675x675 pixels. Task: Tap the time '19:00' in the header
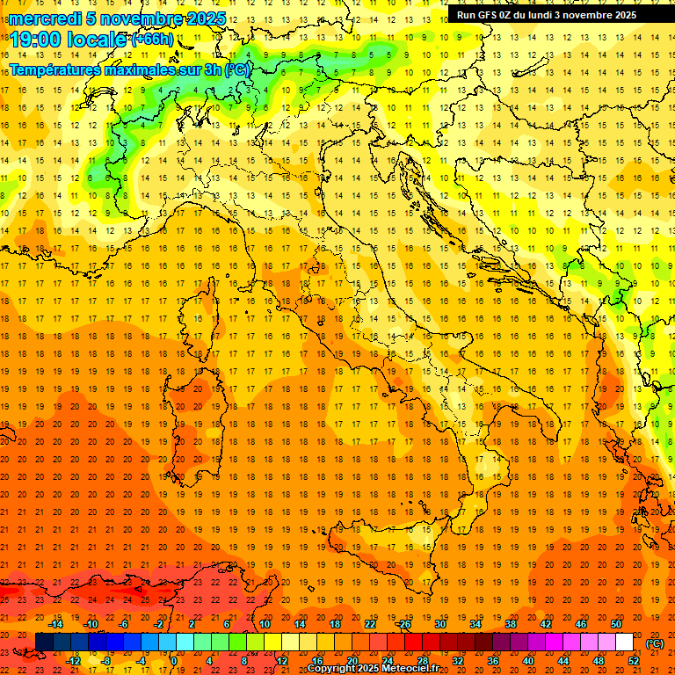pos(34,40)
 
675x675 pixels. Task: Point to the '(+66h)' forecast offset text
pos(152,40)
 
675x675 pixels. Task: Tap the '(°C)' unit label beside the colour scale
pos(655,643)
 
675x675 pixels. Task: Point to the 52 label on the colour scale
pos(634,660)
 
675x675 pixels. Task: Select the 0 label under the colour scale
pos(174,660)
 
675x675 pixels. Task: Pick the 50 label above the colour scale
pos(615,624)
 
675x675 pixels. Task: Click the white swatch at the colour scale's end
pos(624,642)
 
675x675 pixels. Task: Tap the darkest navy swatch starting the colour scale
pos(44,642)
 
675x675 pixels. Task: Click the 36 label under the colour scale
pos(492,660)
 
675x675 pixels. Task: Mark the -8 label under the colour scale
pos(106,660)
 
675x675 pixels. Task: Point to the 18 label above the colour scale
pos(335,624)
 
